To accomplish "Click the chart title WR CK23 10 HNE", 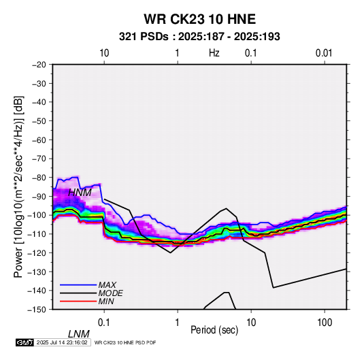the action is (x=199, y=19).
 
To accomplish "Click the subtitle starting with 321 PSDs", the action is (x=199, y=37).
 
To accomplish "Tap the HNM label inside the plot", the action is (x=80, y=193).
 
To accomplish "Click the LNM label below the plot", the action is (x=78, y=334).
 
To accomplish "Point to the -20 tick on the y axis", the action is (x=39, y=65).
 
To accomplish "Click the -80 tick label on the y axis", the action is (x=39, y=178).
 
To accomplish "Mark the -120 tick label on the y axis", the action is (x=37, y=252).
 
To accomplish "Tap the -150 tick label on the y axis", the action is (x=37, y=310).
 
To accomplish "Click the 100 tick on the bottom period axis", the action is (x=325, y=323).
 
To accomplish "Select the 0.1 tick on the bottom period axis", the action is (x=104, y=323).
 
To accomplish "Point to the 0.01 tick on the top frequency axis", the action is (x=324, y=53).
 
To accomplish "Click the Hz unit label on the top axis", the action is (x=214, y=53).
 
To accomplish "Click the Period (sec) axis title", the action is (x=214, y=330).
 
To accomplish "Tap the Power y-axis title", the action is (x=18, y=187).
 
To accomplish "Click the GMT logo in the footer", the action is (x=24, y=342).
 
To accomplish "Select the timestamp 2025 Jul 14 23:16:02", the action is (x=62, y=342).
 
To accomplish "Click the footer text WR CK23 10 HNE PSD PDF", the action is (x=125, y=342).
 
